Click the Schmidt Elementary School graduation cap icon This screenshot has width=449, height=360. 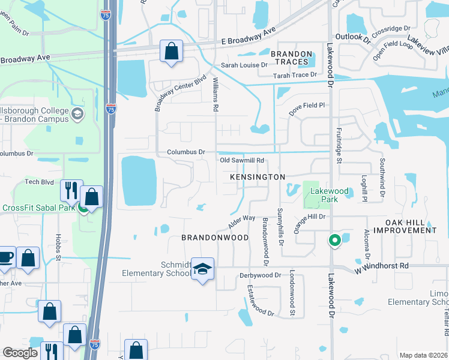coord(203,270)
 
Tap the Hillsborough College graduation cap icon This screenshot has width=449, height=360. coord(77,114)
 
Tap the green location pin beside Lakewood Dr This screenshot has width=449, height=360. coord(334,241)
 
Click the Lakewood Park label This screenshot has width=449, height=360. coord(328,195)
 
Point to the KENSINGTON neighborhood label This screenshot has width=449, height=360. coord(258,178)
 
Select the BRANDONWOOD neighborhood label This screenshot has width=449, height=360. coord(215,238)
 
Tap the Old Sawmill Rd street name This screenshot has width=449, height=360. coord(242,161)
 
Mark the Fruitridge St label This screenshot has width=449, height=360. coord(339,148)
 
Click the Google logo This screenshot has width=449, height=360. coord(20,353)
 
